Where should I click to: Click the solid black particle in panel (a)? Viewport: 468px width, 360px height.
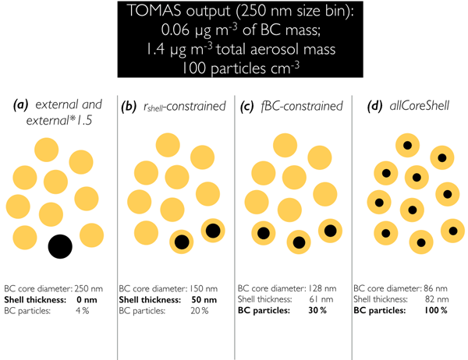pos(60,246)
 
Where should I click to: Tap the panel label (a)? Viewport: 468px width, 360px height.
pos(20,104)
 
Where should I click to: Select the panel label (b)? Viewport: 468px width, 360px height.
pos(129,107)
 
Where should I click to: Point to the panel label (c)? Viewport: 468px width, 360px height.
pos(246,107)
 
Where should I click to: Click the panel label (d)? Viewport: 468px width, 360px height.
pos(374,106)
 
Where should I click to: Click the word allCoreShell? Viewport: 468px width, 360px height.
pos(420,106)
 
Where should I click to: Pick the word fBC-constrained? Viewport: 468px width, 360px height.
pos(302,107)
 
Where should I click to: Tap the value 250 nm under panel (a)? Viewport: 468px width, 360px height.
pos(88,289)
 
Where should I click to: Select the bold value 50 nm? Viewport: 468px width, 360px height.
pos(204,300)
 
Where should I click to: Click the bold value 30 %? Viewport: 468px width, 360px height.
pos(317,310)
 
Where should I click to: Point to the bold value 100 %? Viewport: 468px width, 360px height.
pos(436,310)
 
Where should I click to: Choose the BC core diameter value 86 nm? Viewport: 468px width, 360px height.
pos(435,288)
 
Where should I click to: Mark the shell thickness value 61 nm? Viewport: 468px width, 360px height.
pos(321,299)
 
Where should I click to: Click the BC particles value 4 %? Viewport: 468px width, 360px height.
pos(83,311)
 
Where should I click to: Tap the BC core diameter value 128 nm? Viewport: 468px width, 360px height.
pos(322,288)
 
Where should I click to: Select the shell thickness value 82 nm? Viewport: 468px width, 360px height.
pos(437,299)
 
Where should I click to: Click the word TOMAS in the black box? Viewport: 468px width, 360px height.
pos(154,11)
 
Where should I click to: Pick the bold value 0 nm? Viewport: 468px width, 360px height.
pos(87,300)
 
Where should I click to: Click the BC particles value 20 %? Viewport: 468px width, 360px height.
pos(200,311)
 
